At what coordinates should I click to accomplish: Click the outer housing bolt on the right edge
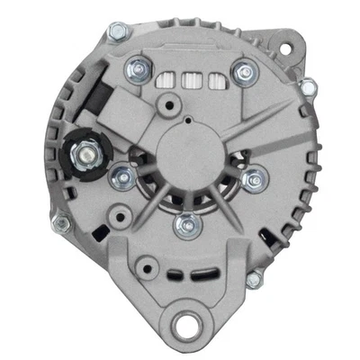click(309, 86)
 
